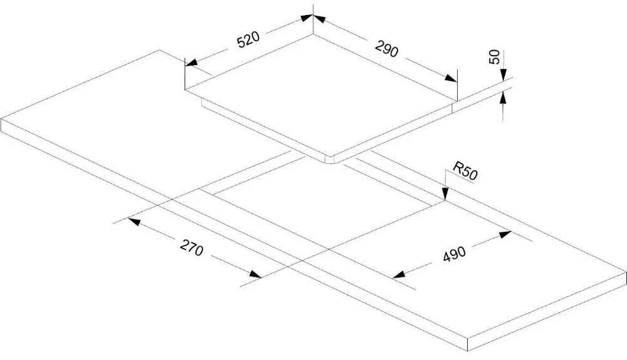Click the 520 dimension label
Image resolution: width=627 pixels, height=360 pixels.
click(248, 39)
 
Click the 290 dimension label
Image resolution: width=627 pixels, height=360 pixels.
click(387, 49)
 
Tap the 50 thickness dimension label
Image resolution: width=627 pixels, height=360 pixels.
click(495, 57)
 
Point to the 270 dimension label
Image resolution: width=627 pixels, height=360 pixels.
click(191, 247)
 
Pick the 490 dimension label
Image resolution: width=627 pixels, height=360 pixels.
click(454, 254)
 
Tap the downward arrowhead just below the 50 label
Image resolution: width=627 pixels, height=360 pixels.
click(503, 75)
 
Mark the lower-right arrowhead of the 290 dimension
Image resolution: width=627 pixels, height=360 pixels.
click(451, 78)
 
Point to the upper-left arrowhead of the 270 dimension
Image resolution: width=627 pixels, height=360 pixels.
click(134, 221)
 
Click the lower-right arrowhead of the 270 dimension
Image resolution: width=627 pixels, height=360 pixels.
click(255, 274)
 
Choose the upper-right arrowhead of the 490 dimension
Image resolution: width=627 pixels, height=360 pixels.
click(505, 234)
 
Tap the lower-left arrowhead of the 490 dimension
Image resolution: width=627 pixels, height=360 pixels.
click(399, 274)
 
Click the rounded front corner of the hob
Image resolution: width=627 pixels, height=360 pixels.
click(330, 159)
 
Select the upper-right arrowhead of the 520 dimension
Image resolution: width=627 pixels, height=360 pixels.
click(307, 18)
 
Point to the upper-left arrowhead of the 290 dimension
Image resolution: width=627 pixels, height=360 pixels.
click(319, 19)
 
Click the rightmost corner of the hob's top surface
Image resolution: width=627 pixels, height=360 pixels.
click(456, 101)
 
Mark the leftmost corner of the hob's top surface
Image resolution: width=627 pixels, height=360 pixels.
click(185, 90)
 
